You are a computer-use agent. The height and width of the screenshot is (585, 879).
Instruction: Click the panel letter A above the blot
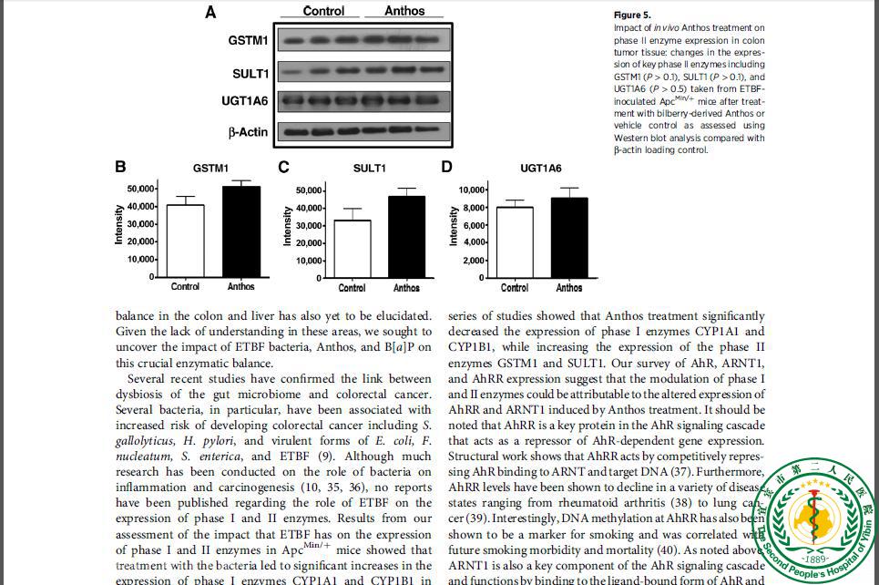click(210, 12)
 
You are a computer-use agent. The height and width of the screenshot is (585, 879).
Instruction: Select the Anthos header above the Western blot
click(404, 11)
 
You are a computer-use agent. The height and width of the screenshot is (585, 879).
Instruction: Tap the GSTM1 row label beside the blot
click(248, 41)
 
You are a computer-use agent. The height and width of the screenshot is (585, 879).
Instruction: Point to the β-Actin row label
click(248, 132)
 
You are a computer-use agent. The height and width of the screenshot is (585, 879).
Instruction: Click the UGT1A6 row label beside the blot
click(243, 100)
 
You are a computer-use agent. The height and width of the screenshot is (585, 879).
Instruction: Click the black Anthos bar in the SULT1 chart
click(406, 236)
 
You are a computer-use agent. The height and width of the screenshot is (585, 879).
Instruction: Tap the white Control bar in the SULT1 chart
click(352, 248)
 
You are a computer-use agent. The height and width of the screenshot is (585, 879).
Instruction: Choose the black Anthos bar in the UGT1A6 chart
click(569, 237)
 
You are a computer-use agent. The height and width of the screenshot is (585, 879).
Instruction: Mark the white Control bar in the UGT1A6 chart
click(515, 241)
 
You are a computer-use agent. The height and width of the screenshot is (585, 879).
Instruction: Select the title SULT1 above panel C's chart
click(370, 168)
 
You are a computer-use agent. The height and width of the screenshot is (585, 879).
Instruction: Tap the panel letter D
click(446, 167)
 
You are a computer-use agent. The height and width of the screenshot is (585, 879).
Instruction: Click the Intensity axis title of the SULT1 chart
click(288, 226)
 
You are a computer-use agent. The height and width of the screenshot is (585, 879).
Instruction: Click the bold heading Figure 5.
click(632, 15)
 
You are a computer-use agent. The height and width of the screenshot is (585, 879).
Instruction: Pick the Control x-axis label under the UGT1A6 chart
click(515, 288)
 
